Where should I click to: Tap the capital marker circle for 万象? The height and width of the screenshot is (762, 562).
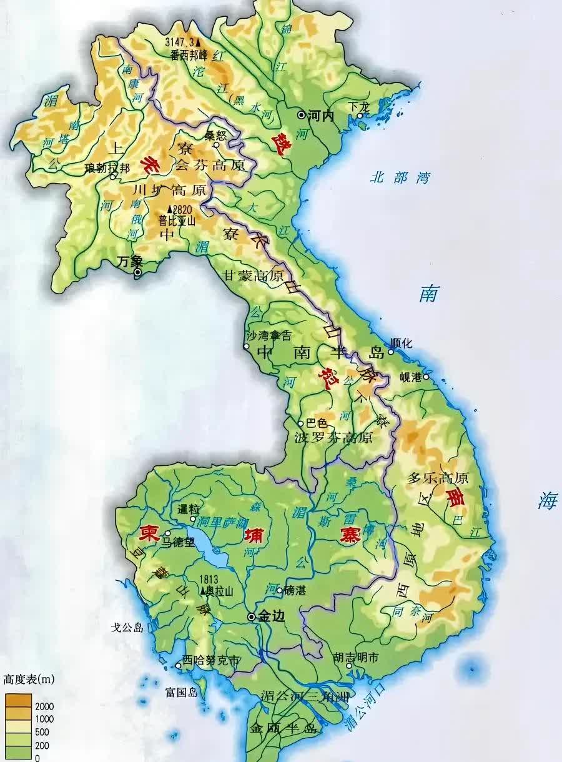(x=138, y=272)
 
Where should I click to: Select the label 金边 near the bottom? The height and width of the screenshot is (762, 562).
(x=272, y=616)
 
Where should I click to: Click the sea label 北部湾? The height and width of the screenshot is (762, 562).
(x=400, y=177)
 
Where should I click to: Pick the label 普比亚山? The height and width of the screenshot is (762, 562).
(x=176, y=220)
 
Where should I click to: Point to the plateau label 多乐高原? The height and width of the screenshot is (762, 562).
(x=438, y=478)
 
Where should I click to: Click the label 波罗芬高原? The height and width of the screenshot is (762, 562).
(x=333, y=437)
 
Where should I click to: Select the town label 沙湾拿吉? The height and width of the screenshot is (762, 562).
(x=269, y=335)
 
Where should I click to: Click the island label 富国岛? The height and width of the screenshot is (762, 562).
(x=181, y=691)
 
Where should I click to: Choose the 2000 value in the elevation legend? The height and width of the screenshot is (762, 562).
(x=46, y=706)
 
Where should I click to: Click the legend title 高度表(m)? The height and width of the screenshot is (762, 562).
(x=28, y=678)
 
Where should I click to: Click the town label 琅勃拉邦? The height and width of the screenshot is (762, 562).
(x=107, y=168)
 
